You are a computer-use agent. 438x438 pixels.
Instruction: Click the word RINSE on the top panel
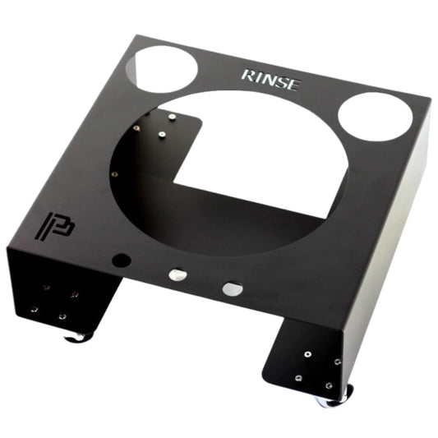[x=271, y=81]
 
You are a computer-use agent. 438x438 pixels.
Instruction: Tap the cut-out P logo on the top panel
[x=53, y=226]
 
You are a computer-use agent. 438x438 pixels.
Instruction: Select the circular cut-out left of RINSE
[x=162, y=69]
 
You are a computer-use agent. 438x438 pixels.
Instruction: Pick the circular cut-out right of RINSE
[x=376, y=117]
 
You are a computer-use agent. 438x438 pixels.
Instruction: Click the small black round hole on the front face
[x=122, y=260]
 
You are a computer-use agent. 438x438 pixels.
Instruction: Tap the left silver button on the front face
[x=178, y=274]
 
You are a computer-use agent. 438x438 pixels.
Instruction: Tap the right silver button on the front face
[x=233, y=288]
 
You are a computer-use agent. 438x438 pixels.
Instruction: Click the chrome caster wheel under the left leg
[x=77, y=337]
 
